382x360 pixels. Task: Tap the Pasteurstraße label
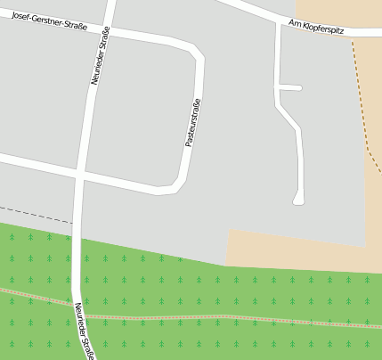tap(191, 123)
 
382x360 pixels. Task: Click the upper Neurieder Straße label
tap(100, 56)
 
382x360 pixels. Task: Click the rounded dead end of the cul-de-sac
tap(298, 200)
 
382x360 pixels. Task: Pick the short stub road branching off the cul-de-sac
tap(291, 87)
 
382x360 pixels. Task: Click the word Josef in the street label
tap(22, 17)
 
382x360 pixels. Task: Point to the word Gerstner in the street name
tap(49, 21)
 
